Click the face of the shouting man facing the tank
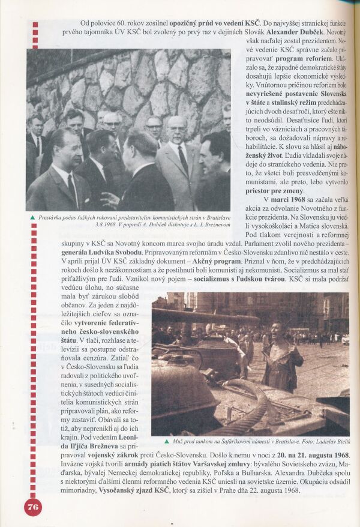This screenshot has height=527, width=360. [277, 328]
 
